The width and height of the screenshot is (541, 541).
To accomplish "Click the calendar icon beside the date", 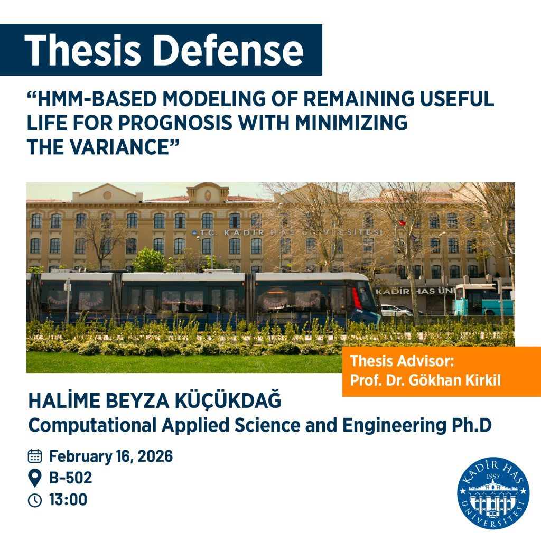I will point(35,456).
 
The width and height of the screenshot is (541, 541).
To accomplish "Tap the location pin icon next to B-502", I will point(35,478).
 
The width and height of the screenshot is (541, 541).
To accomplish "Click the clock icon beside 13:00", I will point(35,500).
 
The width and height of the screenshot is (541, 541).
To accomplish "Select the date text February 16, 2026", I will point(111,456).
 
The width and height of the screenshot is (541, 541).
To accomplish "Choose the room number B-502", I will point(71,478).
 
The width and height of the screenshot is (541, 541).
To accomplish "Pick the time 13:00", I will point(68,500).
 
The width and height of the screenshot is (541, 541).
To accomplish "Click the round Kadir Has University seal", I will point(493,493).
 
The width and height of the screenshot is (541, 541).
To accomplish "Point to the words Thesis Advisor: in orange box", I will point(402,362).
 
